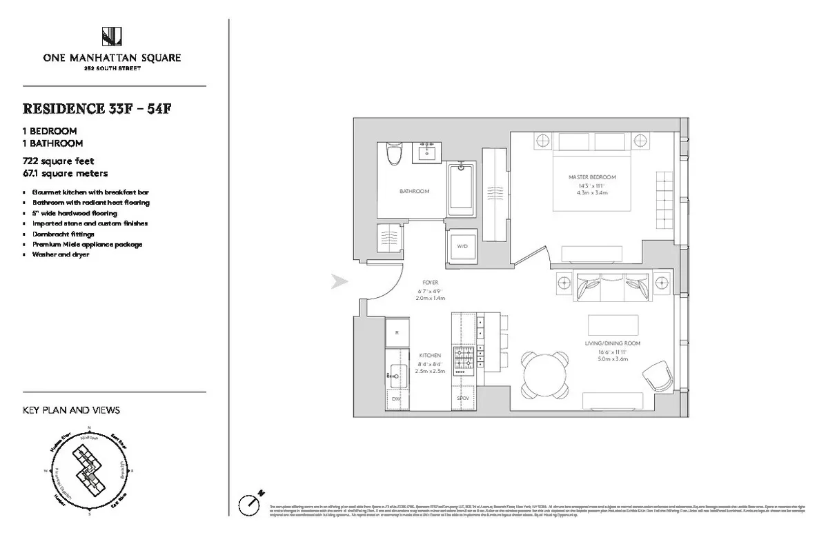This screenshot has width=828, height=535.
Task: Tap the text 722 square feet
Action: pos(63,161)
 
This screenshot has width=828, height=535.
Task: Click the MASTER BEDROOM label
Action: pos(592,177)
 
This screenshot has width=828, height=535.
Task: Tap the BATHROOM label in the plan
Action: pos(415,191)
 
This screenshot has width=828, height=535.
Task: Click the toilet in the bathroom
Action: pos(395,152)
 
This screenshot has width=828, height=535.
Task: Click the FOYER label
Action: pos(431,283)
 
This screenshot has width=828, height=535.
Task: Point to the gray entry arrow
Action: pos(339,281)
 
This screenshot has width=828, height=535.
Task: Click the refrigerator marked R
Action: pos(397,332)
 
